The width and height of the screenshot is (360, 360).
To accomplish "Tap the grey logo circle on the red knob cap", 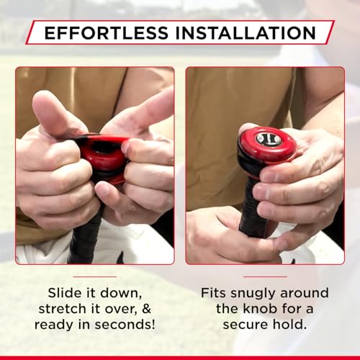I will pyautogui.click(x=268, y=138).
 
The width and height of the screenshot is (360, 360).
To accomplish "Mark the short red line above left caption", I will pyautogui.click(x=94, y=276).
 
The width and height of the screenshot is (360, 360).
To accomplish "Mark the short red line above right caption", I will pyautogui.click(x=265, y=276).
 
